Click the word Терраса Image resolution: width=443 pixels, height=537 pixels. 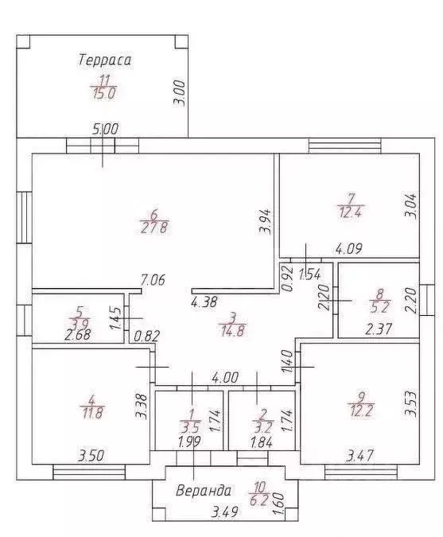point(105,60)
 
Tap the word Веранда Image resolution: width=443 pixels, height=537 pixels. point(204,491)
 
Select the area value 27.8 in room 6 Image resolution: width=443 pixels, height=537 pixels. point(154,228)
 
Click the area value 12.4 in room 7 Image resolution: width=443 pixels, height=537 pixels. point(351,212)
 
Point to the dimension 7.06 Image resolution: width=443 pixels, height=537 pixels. point(153,280)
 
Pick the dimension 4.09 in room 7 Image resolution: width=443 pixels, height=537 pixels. point(348,248)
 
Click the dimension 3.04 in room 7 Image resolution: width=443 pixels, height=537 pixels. point(411,206)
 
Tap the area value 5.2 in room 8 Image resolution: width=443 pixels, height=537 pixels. point(380,307)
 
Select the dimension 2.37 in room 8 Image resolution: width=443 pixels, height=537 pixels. point(379,329)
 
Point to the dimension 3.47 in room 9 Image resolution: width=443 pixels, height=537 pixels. point(359,456)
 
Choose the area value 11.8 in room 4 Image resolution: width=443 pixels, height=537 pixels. point(92,413)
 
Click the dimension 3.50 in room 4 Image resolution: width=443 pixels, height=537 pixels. point(91,456)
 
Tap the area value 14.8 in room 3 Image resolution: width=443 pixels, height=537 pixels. point(232,331)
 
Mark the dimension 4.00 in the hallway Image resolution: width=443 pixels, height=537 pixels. point(225,378)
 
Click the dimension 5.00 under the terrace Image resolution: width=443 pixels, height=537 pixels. point(106,130)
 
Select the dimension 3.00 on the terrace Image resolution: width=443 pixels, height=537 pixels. point(180,93)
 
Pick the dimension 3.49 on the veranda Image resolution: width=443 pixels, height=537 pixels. point(224,512)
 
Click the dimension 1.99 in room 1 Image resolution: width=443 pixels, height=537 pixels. point(189,442)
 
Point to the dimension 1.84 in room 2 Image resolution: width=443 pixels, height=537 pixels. point(262,442)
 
